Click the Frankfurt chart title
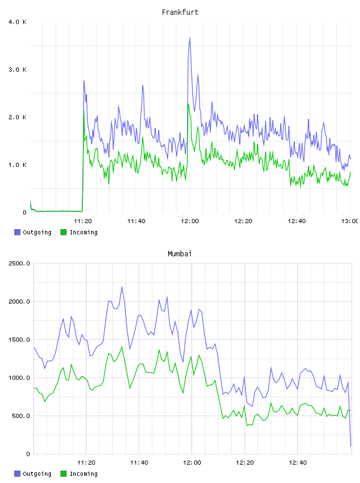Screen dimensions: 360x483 point(180,12)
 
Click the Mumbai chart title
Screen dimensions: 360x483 point(179,254)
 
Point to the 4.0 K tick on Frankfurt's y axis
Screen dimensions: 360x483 point(18,22)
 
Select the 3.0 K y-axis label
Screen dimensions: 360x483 point(18,70)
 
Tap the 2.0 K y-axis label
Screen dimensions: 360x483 point(18,117)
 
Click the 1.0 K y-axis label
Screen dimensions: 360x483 point(18,165)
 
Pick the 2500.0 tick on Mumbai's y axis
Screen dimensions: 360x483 point(20,263)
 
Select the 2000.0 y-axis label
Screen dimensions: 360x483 point(20,301)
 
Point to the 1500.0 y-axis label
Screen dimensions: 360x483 point(20,340)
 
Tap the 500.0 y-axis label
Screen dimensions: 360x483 point(21,416)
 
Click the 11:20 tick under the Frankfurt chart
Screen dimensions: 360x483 point(83,221)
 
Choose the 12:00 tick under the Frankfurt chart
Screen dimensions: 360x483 point(190,221)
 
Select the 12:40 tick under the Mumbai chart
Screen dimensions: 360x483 point(298,463)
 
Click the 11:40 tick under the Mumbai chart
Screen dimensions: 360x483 point(139,463)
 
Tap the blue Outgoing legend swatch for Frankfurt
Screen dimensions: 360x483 point(17,232)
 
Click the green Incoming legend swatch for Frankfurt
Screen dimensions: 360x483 point(63,232)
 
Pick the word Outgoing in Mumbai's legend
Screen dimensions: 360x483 point(37,474)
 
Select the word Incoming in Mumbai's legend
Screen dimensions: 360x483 point(83,474)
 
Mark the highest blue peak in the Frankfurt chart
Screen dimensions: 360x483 point(190,37)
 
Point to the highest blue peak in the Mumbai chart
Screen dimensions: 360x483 point(122,286)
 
